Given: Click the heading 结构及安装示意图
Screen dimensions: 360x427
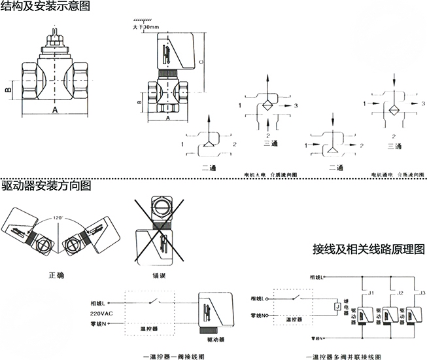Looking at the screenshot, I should coord(46,7).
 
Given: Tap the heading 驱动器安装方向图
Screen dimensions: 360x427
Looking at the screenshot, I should coord(46,186).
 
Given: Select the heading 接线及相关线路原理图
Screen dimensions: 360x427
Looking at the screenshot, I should coord(369,250).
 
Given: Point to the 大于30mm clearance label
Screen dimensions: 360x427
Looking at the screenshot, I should coord(146,27).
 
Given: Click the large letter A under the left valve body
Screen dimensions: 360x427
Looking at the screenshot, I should coord(55,109).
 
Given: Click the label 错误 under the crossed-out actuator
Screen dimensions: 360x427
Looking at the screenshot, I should coord(160,275).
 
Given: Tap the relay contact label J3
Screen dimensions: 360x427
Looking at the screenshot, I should coord(422,293).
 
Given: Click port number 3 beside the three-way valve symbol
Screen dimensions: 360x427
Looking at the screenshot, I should coord(296,105).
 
